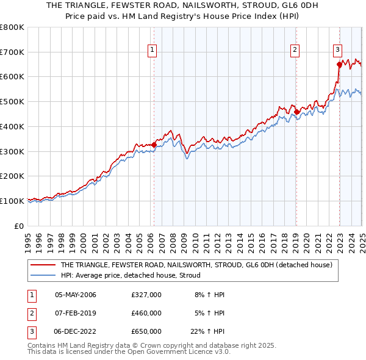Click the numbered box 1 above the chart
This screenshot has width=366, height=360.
(151, 51)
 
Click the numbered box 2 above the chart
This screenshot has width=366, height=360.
(295, 51)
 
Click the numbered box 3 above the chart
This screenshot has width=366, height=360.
(337, 51)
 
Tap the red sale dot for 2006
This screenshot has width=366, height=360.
(154, 145)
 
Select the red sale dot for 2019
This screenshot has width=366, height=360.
(296, 112)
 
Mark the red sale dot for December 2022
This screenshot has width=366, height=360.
(339, 64)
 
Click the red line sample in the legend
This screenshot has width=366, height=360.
(43, 265)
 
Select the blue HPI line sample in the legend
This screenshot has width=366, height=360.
(43, 275)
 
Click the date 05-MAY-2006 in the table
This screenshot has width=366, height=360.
(76, 295)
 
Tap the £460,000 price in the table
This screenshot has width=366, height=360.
(146, 313)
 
